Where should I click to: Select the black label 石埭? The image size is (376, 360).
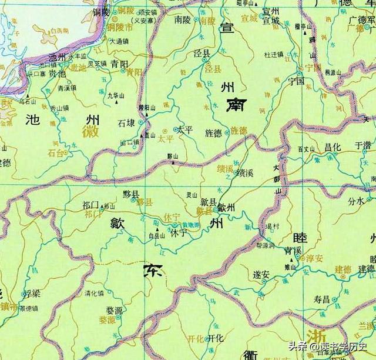126,123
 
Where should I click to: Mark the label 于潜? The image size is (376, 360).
362,144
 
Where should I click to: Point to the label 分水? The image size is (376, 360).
356,201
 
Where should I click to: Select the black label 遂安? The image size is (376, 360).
261,274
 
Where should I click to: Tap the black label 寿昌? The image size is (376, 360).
322,299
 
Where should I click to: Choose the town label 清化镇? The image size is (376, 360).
94,292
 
